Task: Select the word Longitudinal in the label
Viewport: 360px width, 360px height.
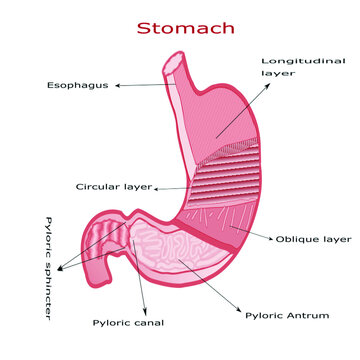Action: click(296, 61)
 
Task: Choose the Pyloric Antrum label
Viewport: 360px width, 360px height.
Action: click(287, 315)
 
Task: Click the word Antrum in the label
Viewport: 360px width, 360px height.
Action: click(309, 315)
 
